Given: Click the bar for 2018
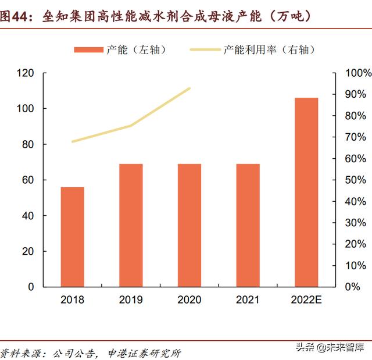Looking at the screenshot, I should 73,237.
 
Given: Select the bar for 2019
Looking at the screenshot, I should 131,225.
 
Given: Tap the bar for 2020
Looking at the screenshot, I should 189,225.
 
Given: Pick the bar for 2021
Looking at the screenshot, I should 248,225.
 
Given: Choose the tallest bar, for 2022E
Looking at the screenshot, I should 306,192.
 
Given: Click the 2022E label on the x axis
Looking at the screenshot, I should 306,300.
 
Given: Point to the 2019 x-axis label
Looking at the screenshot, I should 131,300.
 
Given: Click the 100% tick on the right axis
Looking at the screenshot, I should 358,73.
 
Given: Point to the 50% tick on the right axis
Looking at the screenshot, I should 356,180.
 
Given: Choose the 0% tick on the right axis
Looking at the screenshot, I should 353,287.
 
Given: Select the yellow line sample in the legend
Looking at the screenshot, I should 205,50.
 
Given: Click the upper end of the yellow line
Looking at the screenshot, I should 189,88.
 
